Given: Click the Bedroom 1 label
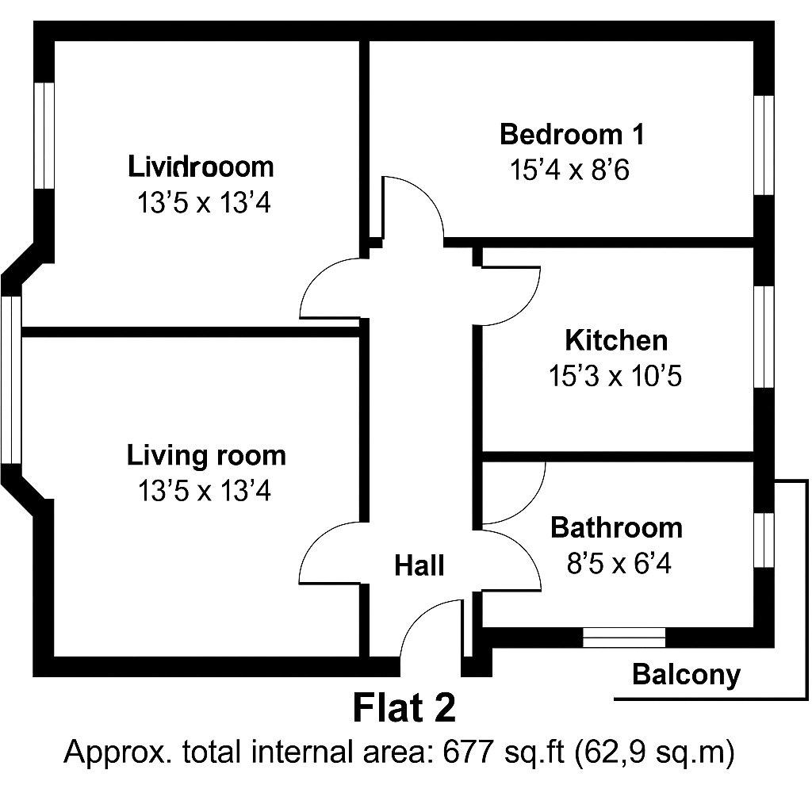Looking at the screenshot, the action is point(573,134).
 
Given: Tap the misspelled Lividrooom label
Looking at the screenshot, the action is point(201,167).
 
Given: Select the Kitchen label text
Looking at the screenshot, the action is point(616,340).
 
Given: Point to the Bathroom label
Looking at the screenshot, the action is point(616,527).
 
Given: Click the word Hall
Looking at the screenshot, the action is point(419,565).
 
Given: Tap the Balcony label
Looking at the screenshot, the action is point(687,676).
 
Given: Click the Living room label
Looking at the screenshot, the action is point(206,456).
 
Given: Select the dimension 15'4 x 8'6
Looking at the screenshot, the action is point(569,170).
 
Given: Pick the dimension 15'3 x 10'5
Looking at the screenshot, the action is point(615,375).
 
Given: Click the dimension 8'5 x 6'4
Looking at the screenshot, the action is point(619,563).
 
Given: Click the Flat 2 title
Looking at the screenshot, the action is point(404,708).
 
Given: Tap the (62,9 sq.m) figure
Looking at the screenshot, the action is point(654,753).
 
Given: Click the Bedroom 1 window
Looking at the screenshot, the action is point(764,145).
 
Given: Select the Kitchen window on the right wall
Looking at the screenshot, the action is point(764,336).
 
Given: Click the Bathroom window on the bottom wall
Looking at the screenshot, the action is point(624,638).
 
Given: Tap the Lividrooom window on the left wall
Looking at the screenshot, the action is point(44,136).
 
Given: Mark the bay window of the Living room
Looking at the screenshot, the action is point(11,380).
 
